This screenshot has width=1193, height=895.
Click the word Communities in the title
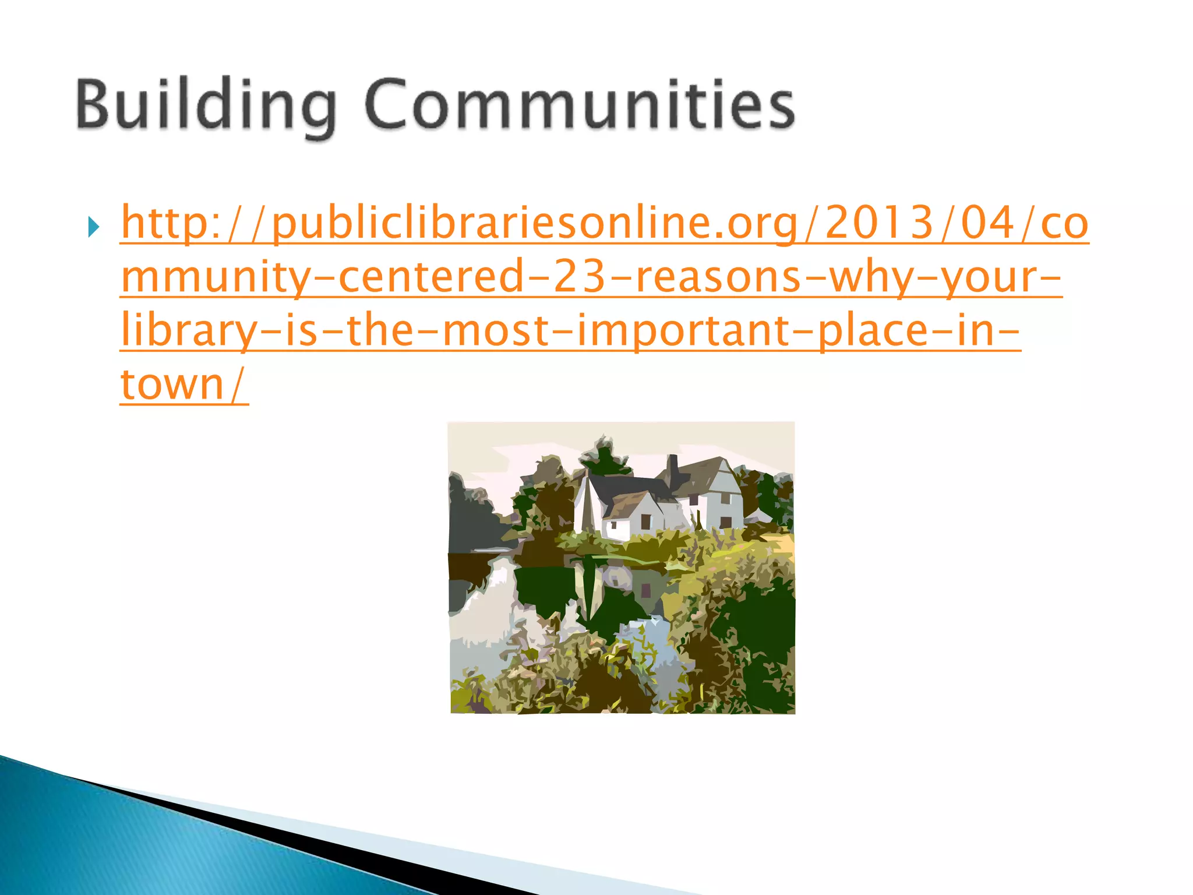(580, 105)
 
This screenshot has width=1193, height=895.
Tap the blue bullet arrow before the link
(94, 227)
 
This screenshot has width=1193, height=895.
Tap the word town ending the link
(172, 385)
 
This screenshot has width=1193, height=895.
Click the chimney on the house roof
(673, 467)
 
